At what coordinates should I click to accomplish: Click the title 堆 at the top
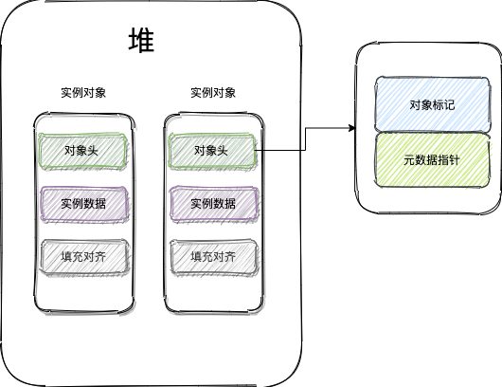click(141, 42)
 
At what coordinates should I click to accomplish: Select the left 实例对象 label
click(83, 93)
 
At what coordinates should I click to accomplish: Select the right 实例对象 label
click(213, 93)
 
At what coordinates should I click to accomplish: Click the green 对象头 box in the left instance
click(83, 150)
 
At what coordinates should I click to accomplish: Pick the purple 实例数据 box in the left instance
click(83, 203)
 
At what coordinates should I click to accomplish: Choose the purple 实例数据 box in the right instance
click(213, 203)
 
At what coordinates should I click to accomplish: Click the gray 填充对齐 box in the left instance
click(83, 256)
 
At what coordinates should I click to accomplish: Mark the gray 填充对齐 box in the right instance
click(213, 256)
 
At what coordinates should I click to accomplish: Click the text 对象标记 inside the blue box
click(431, 105)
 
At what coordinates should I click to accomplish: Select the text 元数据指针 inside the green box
click(431, 159)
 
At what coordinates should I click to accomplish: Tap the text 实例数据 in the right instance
click(213, 203)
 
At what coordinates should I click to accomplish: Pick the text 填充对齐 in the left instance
click(83, 256)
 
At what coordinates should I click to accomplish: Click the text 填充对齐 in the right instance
click(213, 256)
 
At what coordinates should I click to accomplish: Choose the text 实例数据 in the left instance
click(83, 203)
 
